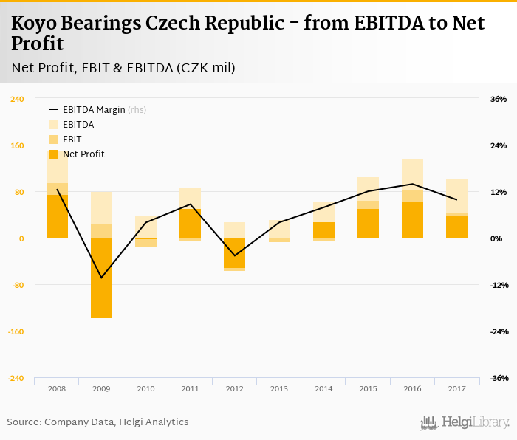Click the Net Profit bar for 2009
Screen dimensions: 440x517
point(101,278)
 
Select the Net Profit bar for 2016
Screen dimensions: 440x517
point(412,220)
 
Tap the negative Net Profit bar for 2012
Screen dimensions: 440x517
point(234,253)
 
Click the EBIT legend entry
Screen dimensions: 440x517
point(72,140)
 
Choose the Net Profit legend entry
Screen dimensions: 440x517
point(83,154)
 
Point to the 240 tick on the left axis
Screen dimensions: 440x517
point(16,99)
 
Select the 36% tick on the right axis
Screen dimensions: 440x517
point(499,99)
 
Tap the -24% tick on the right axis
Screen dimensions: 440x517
point(499,331)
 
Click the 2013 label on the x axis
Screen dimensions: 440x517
point(279,388)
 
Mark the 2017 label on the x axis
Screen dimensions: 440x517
point(456,388)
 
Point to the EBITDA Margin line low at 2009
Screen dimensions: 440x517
point(101,278)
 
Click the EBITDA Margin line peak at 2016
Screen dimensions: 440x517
point(412,184)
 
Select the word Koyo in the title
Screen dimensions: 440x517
point(34,23)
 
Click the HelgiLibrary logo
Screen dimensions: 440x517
point(465,422)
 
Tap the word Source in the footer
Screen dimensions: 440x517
point(24,422)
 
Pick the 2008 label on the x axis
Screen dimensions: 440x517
point(57,388)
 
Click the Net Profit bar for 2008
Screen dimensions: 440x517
point(57,216)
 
